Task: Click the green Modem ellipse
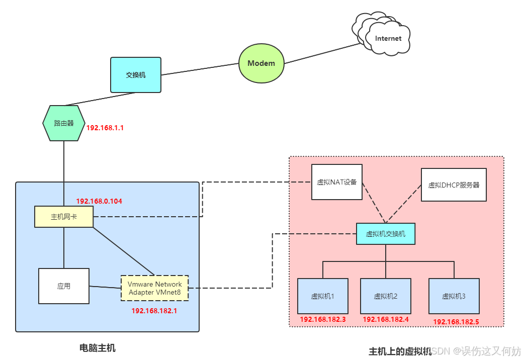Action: point(261,63)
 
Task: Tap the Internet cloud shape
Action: point(386,36)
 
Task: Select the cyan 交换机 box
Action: point(136,75)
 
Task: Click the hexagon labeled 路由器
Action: point(64,123)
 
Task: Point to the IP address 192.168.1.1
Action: point(105,128)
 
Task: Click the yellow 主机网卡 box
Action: point(64,217)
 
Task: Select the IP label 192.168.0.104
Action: point(99,201)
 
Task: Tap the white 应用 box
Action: point(64,286)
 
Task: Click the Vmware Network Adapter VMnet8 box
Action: point(154,288)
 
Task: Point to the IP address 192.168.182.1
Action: point(154,311)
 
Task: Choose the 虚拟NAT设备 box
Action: point(336,182)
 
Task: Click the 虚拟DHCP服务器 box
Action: point(454,185)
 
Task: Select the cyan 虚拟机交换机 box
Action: point(386,234)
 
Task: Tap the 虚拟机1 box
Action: point(322,296)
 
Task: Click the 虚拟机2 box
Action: point(386,296)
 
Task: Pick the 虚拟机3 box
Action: point(454,296)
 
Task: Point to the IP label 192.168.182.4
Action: point(386,319)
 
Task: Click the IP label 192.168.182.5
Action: point(456,321)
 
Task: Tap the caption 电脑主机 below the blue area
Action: point(98,347)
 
